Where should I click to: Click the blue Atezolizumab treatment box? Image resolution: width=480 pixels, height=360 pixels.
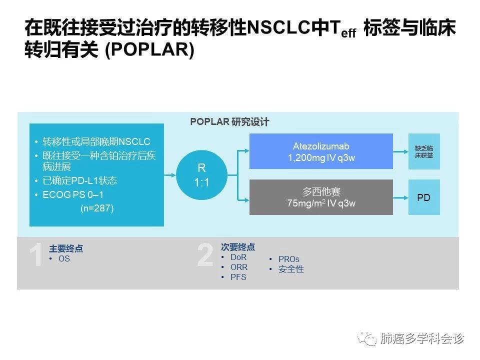pyautogui.click(x=321, y=151)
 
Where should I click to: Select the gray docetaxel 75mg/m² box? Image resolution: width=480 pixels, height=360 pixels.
pyautogui.click(x=321, y=197)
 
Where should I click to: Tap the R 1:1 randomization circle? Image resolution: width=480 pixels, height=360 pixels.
pyautogui.click(x=201, y=175)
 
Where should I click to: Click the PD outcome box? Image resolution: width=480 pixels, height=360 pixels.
pyautogui.click(x=424, y=197)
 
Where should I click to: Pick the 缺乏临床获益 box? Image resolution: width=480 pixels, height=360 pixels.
pyautogui.click(x=424, y=151)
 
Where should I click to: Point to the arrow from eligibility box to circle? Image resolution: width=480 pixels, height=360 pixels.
pyautogui.click(x=170, y=175)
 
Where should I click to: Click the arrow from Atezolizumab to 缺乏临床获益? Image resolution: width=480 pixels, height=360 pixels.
pyautogui.click(x=400, y=151)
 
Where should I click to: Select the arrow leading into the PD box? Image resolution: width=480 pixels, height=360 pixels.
pyautogui.click(x=400, y=198)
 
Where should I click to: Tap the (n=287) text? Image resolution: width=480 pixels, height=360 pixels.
pyautogui.click(x=97, y=208)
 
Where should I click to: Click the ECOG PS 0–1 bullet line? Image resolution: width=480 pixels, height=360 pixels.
pyautogui.click(x=69, y=194)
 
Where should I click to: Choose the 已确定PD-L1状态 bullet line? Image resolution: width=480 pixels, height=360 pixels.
pyautogui.click(x=76, y=180)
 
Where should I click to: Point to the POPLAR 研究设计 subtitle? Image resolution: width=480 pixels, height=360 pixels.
pyautogui.click(x=229, y=122)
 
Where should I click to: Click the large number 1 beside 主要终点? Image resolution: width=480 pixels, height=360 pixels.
pyautogui.click(x=36, y=254)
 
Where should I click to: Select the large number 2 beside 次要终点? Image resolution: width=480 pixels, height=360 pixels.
pyautogui.click(x=205, y=254)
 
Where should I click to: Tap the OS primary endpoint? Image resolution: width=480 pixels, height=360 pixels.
pyautogui.click(x=64, y=258)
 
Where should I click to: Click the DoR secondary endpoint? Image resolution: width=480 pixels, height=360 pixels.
pyautogui.click(x=238, y=257)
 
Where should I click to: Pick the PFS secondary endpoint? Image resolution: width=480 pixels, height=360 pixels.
pyautogui.click(x=238, y=277)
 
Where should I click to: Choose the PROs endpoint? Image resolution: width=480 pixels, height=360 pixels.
pyautogui.click(x=289, y=259)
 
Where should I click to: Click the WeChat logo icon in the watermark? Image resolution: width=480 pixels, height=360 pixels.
pyautogui.click(x=367, y=338)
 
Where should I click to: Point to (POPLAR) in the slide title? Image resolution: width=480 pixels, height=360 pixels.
pyautogui.click(x=149, y=49)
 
